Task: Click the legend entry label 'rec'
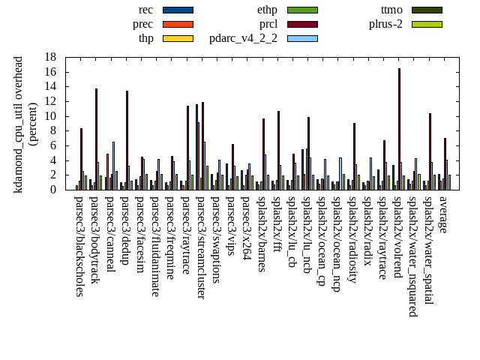(x=146, y=10)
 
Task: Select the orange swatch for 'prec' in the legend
(x=178, y=24)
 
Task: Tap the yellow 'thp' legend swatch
(x=178, y=38)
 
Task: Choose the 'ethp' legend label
(x=267, y=10)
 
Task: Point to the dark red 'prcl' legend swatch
(x=302, y=24)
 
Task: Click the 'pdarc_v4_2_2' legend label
(x=243, y=38)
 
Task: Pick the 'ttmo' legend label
(x=391, y=10)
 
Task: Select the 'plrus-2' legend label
(x=385, y=24)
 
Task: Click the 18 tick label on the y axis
(x=50, y=57)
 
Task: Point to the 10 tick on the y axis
(x=50, y=116)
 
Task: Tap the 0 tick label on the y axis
(x=53, y=190)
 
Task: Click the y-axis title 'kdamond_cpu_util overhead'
(x=19, y=124)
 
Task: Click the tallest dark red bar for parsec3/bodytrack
(x=96, y=139)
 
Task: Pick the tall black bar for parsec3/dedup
(x=127, y=140)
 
